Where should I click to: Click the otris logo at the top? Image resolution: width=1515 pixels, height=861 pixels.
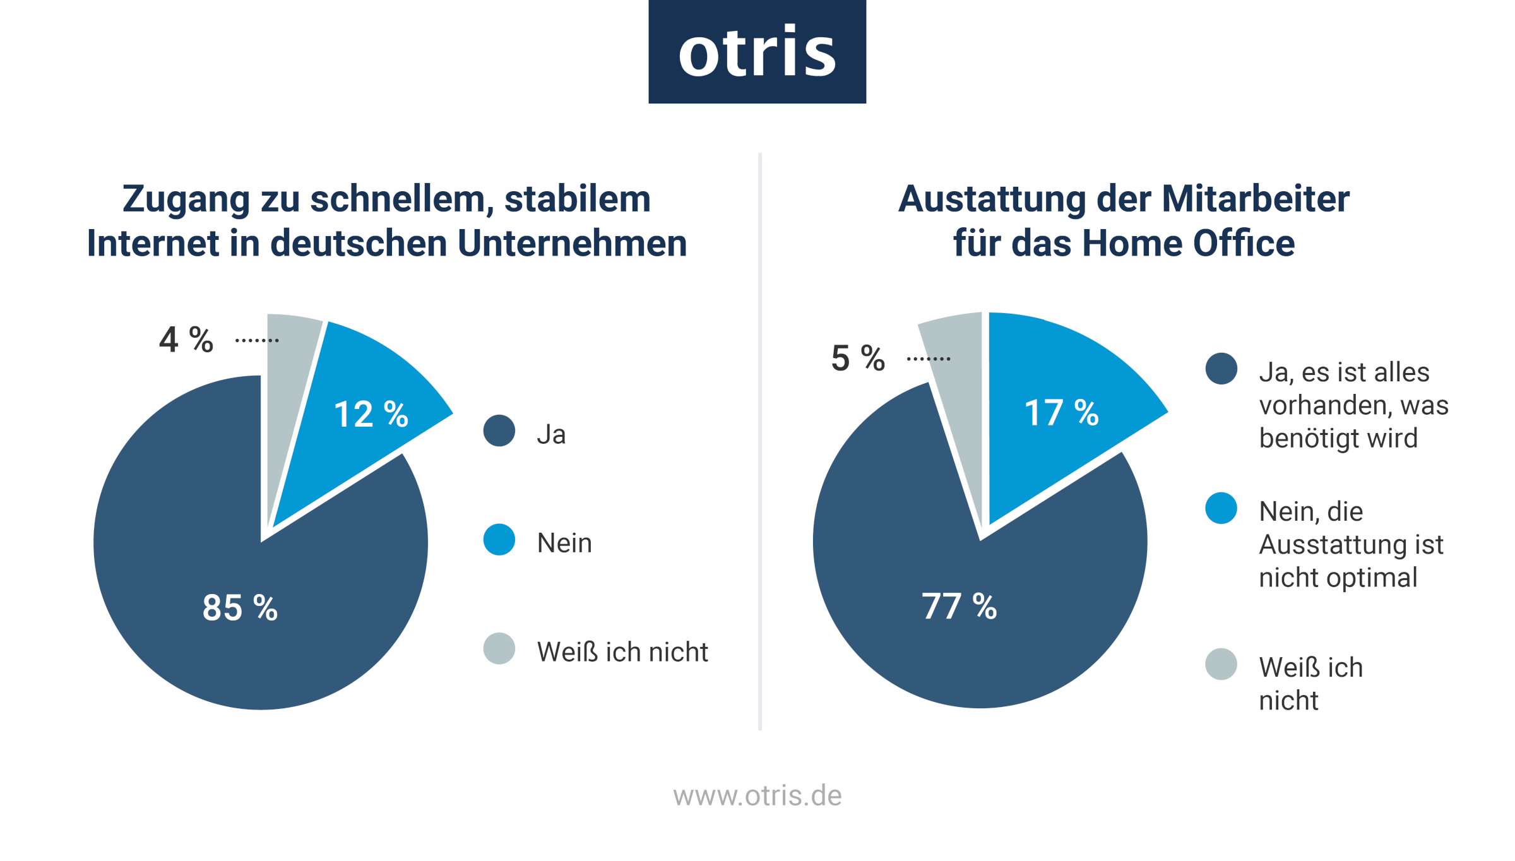[x=757, y=52]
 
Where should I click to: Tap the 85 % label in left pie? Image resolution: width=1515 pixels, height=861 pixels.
[x=240, y=608]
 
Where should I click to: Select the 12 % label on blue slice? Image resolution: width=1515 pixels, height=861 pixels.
[x=371, y=414]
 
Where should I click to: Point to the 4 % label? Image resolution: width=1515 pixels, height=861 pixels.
[x=186, y=340]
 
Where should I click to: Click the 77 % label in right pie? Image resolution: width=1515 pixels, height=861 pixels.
[x=959, y=606]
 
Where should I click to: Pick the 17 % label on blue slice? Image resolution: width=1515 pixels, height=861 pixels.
[x=1061, y=413]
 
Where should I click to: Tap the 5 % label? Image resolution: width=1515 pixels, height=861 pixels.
[x=858, y=358]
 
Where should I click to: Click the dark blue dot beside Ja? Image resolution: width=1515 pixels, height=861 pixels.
[x=499, y=430]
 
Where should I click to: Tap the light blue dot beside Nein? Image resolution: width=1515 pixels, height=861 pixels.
[x=499, y=540]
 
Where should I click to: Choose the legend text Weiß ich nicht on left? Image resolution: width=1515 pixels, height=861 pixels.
[x=622, y=652]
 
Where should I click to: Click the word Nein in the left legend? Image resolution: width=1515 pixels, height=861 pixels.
[x=564, y=543]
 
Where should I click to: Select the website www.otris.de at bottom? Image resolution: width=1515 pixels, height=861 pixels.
[x=757, y=795]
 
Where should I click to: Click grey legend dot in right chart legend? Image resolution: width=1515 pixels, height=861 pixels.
[x=1221, y=664]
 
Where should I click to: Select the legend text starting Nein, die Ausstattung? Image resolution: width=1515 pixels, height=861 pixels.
[x=1351, y=544]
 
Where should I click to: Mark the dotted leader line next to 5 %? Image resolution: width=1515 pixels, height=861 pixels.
[x=928, y=359]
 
